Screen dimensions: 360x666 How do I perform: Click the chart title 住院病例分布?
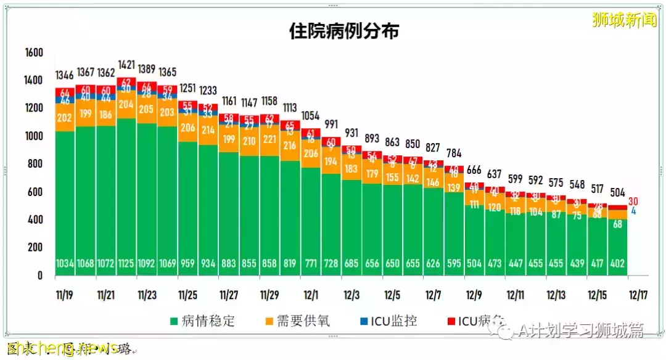(x=343, y=31)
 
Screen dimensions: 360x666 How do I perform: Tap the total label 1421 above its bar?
(x=126, y=64)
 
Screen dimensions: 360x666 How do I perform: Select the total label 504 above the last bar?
(x=617, y=191)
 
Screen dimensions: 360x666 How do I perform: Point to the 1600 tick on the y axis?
(x=33, y=53)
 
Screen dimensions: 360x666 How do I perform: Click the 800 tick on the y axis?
(x=36, y=165)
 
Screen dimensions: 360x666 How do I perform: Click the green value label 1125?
(x=126, y=264)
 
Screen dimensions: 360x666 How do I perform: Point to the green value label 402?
(x=617, y=264)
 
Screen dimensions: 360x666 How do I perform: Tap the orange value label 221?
(x=269, y=139)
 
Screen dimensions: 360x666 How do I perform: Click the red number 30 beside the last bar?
(x=634, y=201)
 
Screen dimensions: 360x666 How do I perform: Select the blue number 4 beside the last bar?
(x=633, y=211)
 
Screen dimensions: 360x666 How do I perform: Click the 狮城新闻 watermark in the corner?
(x=624, y=20)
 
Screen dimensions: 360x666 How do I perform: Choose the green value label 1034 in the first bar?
(x=64, y=264)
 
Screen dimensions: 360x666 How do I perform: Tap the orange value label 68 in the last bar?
(x=617, y=224)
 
